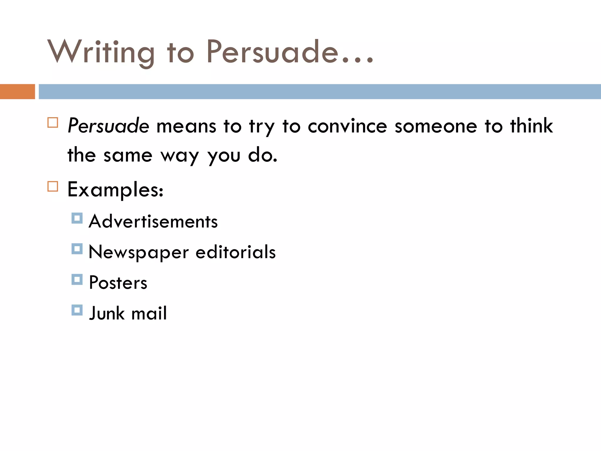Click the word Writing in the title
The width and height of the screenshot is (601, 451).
101,52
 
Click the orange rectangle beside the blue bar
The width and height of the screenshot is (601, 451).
17,92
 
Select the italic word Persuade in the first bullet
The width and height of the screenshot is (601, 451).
108,126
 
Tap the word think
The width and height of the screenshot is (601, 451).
531,126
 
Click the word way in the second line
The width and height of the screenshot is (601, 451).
180,156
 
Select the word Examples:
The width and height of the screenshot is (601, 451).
115,190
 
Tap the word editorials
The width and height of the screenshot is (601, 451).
236,252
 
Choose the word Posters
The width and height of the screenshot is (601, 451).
118,282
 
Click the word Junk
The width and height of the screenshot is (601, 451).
107,313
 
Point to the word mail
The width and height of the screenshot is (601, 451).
149,313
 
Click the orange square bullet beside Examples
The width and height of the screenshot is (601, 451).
53,186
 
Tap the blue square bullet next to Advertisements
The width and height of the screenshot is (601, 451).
77,218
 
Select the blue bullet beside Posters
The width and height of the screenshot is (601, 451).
77,280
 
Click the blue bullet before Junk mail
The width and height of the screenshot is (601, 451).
77,310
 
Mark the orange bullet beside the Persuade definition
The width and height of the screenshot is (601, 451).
53,122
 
